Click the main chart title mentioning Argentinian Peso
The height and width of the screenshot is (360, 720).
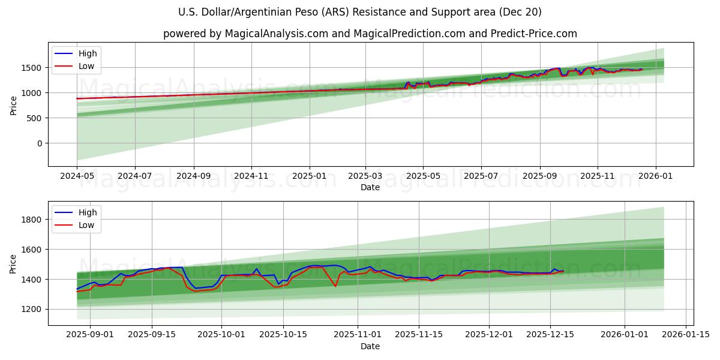click(x=360, y=12)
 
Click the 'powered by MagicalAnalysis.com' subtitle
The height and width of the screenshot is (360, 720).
click(x=370, y=34)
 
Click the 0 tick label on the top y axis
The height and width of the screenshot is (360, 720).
click(x=40, y=143)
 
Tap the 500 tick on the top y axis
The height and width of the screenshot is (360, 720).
click(x=35, y=118)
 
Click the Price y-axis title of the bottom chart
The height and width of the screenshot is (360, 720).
click(x=13, y=263)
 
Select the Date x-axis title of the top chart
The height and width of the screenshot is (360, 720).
click(x=370, y=187)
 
